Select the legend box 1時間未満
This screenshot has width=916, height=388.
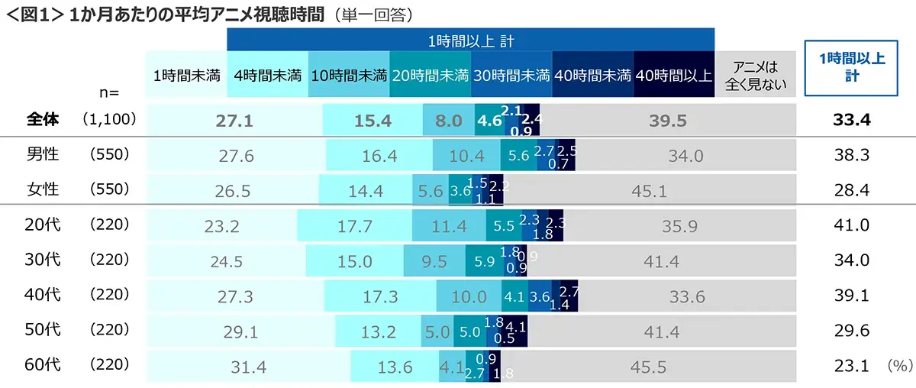click(187, 75)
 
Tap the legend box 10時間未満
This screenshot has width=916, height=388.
click(349, 75)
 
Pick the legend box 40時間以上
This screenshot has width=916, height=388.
click(673, 75)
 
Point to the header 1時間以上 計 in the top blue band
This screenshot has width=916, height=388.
click(470, 40)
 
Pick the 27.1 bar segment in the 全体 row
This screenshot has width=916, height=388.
click(234, 120)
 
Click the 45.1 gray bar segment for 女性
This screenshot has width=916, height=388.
click(649, 191)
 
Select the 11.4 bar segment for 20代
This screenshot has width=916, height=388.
click(449, 226)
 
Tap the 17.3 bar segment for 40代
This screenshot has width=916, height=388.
click(380, 296)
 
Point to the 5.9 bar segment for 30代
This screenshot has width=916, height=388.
click(484, 261)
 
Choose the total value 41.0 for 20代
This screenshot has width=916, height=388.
click(851, 226)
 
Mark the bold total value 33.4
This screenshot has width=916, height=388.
click(851, 120)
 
